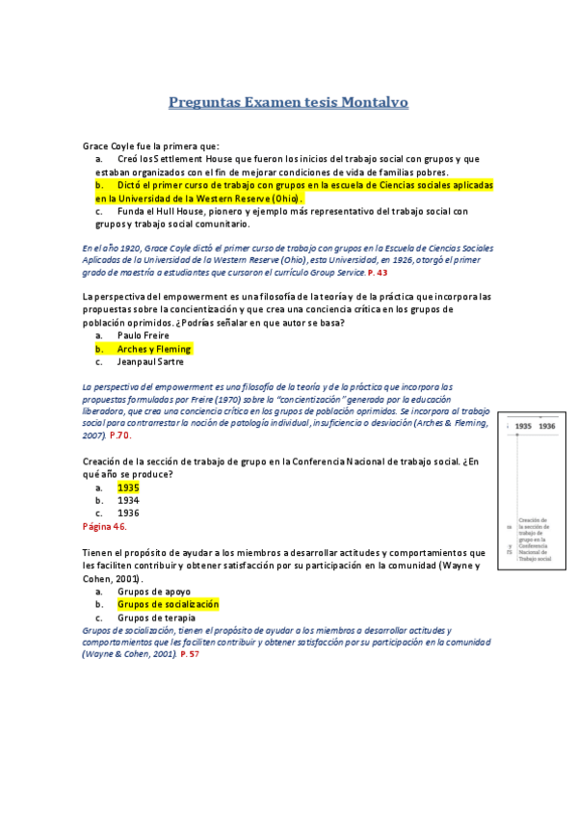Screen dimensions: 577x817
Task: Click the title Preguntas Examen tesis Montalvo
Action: pos(288,101)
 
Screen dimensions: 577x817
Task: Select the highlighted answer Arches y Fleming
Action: pos(154,349)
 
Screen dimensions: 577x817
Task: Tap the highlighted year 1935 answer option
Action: pos(128,488)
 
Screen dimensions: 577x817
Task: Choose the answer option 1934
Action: pos(128,501)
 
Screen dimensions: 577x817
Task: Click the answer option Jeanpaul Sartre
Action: pos(150,362)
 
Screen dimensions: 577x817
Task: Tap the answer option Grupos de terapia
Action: pos(156,618)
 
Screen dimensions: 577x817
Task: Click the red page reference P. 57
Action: pos(190,654)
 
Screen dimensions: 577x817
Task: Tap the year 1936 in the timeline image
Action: pos(547,425)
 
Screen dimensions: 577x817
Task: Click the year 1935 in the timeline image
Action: pos(523,425)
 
